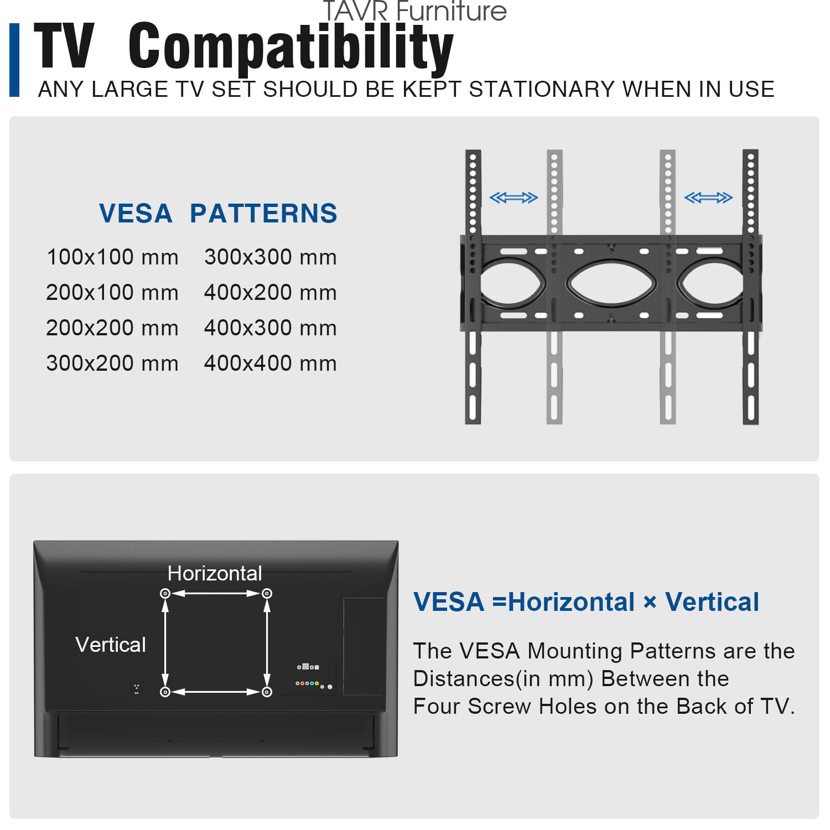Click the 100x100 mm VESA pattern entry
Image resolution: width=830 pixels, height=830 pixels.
coord(112,257)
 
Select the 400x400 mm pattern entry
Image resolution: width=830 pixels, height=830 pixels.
coord(270,364)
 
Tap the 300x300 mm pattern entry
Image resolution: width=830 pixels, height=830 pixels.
coord(270,257)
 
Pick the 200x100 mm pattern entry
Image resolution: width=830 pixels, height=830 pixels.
coord(112,293)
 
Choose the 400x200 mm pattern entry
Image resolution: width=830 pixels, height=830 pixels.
coord(270,293)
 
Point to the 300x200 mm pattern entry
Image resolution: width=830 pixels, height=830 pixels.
coord(112,364)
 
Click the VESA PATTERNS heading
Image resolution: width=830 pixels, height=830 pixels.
coord(218,214)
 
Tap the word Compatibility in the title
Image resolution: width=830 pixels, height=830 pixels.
coord(291,48)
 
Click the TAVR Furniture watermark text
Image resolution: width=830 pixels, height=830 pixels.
coord(414,11)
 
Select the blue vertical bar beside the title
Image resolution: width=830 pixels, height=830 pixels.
coord(14,60)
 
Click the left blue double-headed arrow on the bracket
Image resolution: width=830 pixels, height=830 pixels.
coord(513,198)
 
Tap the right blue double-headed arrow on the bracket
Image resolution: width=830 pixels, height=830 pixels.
coord(708,198)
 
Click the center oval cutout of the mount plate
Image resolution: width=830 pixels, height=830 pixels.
coord(611,284)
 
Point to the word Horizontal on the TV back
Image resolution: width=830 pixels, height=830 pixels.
coord(215,573)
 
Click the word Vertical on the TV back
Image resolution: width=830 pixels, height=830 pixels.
coord(111,645)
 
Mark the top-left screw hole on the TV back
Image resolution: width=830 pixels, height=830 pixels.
coord(165,593)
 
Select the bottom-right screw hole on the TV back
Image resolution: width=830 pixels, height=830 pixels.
coord(267,692)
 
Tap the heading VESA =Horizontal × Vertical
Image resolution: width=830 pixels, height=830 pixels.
coord(587,602)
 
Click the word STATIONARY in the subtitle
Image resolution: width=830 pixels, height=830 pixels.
coord(542,90)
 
